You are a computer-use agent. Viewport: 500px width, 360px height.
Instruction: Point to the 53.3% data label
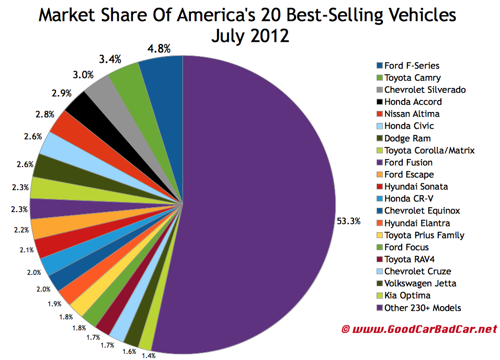click(348, 221)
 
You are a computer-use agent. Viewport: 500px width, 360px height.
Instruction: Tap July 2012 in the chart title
click(250, 37)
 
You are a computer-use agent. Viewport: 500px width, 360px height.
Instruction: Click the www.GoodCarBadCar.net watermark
click(418, 329)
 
